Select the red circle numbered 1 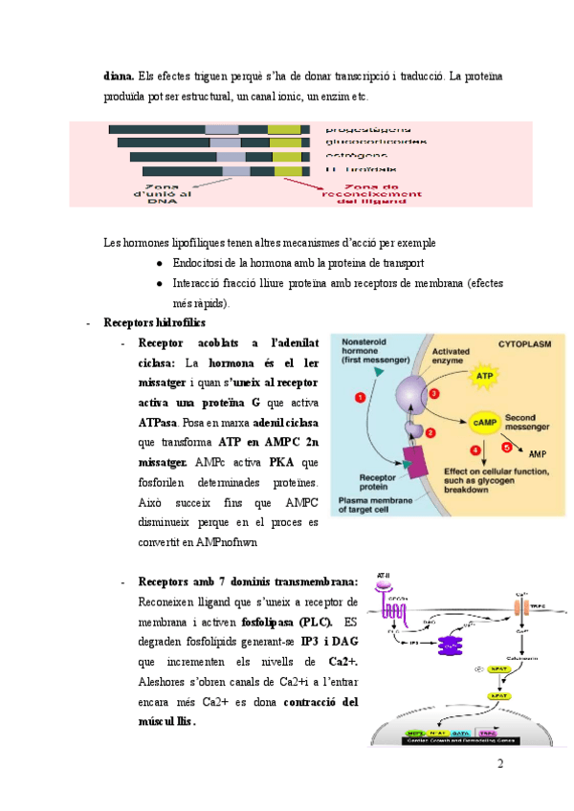359,396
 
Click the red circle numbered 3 434,393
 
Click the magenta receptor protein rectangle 414,463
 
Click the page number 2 499,763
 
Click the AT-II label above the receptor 384,576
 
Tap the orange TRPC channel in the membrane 524,605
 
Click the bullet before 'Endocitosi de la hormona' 159,262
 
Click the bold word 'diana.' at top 118,76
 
